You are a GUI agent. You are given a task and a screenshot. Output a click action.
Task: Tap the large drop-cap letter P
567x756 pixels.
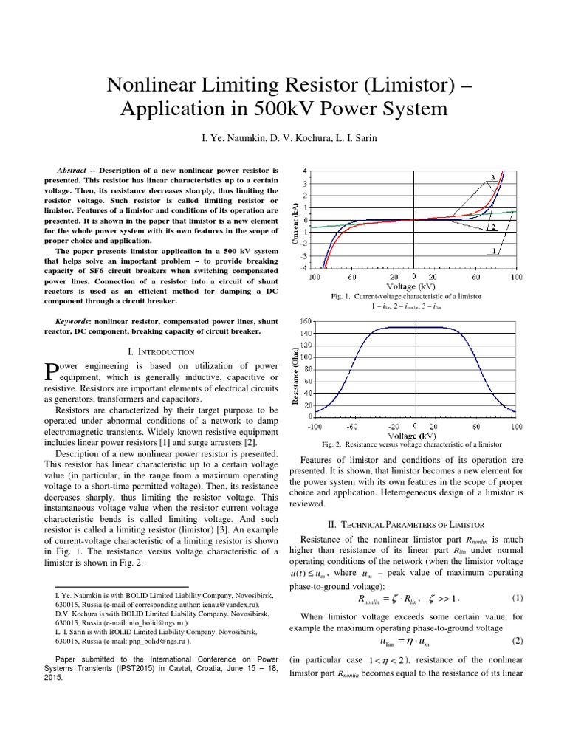pos(51,371)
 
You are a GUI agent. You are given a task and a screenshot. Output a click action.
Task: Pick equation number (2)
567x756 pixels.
pos(517,639)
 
